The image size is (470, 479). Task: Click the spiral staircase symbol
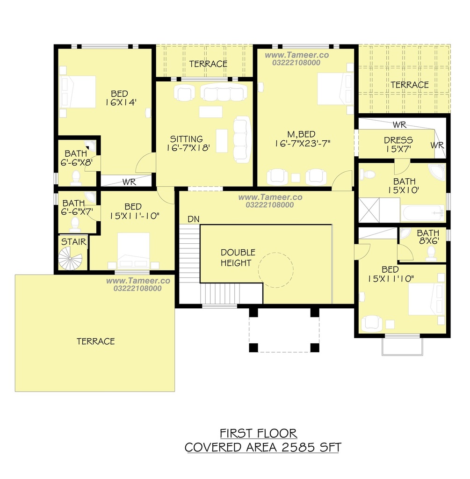pos(70,258)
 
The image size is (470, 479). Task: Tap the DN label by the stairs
pos(193,219)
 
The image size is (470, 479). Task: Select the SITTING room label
pos(186,139)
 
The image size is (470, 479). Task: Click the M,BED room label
pos(301,134)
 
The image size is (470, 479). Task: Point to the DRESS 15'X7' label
pos(398,145)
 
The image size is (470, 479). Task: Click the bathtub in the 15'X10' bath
pos(423,213)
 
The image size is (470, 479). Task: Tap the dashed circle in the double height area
pos(276,270)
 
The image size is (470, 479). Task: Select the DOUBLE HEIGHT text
pos(238,258)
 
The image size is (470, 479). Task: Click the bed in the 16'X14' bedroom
pos(78,92)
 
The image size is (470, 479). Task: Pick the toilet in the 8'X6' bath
pos(431,253)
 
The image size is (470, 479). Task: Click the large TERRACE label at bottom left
pos(95,341)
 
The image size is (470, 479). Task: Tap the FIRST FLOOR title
pos(258,433)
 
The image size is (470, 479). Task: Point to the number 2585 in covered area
pos(298,448)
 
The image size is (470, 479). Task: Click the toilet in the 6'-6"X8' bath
pos(76,177)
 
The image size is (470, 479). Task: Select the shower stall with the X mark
pos(369,210)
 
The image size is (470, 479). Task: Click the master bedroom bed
pos(335,88)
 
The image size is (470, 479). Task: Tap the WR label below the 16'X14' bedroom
pos(129,182)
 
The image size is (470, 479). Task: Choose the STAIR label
pos(73,242)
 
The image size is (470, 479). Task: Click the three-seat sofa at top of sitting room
pos(224,93)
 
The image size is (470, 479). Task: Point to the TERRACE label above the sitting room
pos(208,64)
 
